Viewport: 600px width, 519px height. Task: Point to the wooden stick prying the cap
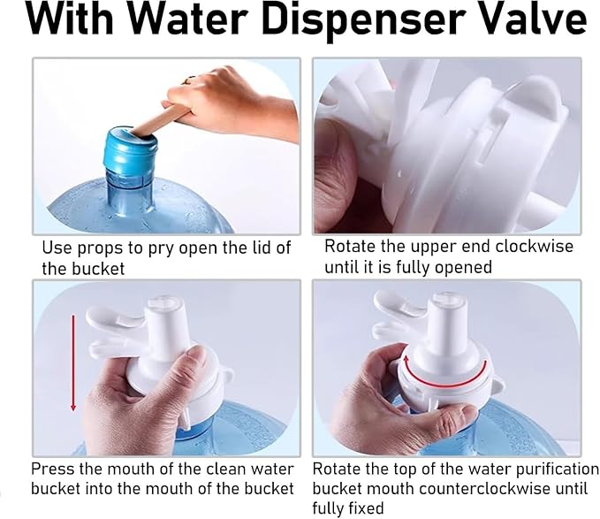click(x=160, y=119)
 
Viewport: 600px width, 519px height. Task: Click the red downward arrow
click(x=73, y=363)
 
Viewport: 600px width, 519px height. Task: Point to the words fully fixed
click(x=348, y=508)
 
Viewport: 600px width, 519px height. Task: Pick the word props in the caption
click(x=100, y=249)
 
